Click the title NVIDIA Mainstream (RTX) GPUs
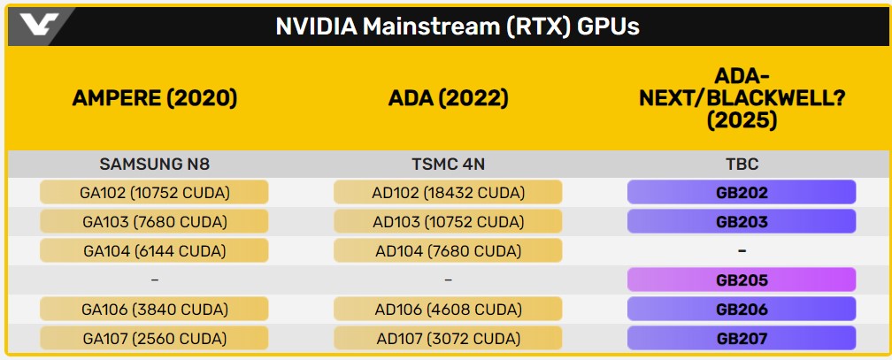coord(458,27)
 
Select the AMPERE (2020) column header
coord(155,98)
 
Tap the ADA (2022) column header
coord(449,98)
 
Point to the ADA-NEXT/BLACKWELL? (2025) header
coord(742,98)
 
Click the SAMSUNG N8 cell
coord(155,164)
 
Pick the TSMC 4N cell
coord(449,164)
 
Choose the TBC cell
coord(742,164)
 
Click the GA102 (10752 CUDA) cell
coord(155,192)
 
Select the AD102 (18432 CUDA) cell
coord(449,192)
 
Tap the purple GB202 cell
coord(742,192)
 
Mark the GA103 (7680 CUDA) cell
coord(155,221)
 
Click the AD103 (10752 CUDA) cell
coord(449,221)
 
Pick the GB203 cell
coord(742,221)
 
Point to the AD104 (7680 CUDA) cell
coord(449,250)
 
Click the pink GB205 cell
coord(742,280)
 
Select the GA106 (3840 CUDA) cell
coord(155,309)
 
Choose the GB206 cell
coord(742,309)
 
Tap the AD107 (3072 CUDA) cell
coord(449,338)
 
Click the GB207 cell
coord(742,338)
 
